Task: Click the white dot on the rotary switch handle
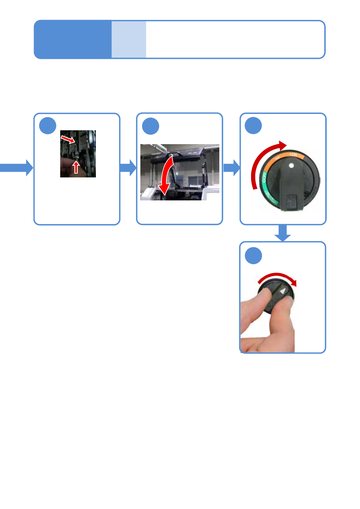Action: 291,165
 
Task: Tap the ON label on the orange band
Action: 293,155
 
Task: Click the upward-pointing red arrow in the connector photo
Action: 76,167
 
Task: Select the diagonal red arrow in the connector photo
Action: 68,139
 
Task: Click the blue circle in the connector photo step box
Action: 48,126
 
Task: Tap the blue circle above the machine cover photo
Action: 151,126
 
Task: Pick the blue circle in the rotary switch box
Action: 253,126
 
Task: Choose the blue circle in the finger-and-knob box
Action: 253,256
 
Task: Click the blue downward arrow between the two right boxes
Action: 283,233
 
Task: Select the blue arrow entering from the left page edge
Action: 17,168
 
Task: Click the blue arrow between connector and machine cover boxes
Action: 128,168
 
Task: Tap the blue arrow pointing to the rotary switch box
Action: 232,168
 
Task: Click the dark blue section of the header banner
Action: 73,39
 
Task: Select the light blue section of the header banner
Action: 129,39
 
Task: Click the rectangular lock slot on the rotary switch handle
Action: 291,202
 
